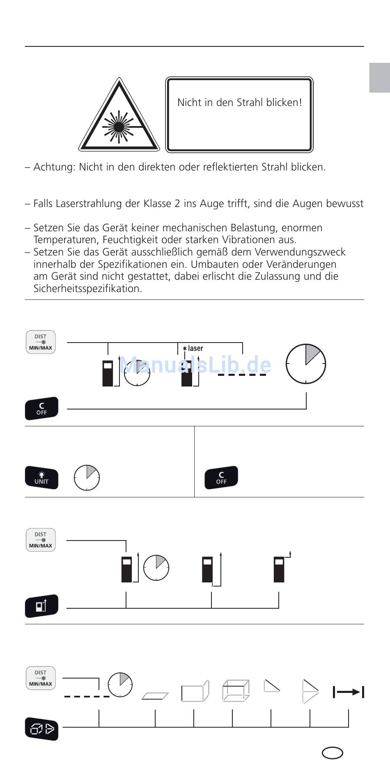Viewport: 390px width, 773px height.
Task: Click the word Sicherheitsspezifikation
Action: click(87, 289)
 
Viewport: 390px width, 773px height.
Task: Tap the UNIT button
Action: click(41, 478)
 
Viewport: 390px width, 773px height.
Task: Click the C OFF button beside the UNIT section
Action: click(221, 477)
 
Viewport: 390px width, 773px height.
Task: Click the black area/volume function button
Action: click(41, 729)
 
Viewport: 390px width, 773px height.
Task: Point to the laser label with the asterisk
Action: click(193, 349)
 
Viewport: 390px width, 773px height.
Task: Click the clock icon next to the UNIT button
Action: click(87, 478)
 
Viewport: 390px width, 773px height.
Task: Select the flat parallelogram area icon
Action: click(155, 696)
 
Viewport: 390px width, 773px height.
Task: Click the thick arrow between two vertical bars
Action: click(349, 692)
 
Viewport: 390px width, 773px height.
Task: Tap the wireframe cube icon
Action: click(236, 690)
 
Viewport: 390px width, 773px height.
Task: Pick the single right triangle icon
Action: click(272, 686)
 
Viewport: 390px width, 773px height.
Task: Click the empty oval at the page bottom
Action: click(332, 753)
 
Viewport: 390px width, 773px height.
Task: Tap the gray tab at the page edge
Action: click(379, 78)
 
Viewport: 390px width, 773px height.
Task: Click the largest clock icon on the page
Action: click(306, 364)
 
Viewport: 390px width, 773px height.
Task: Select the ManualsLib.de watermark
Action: click(195, 365)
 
